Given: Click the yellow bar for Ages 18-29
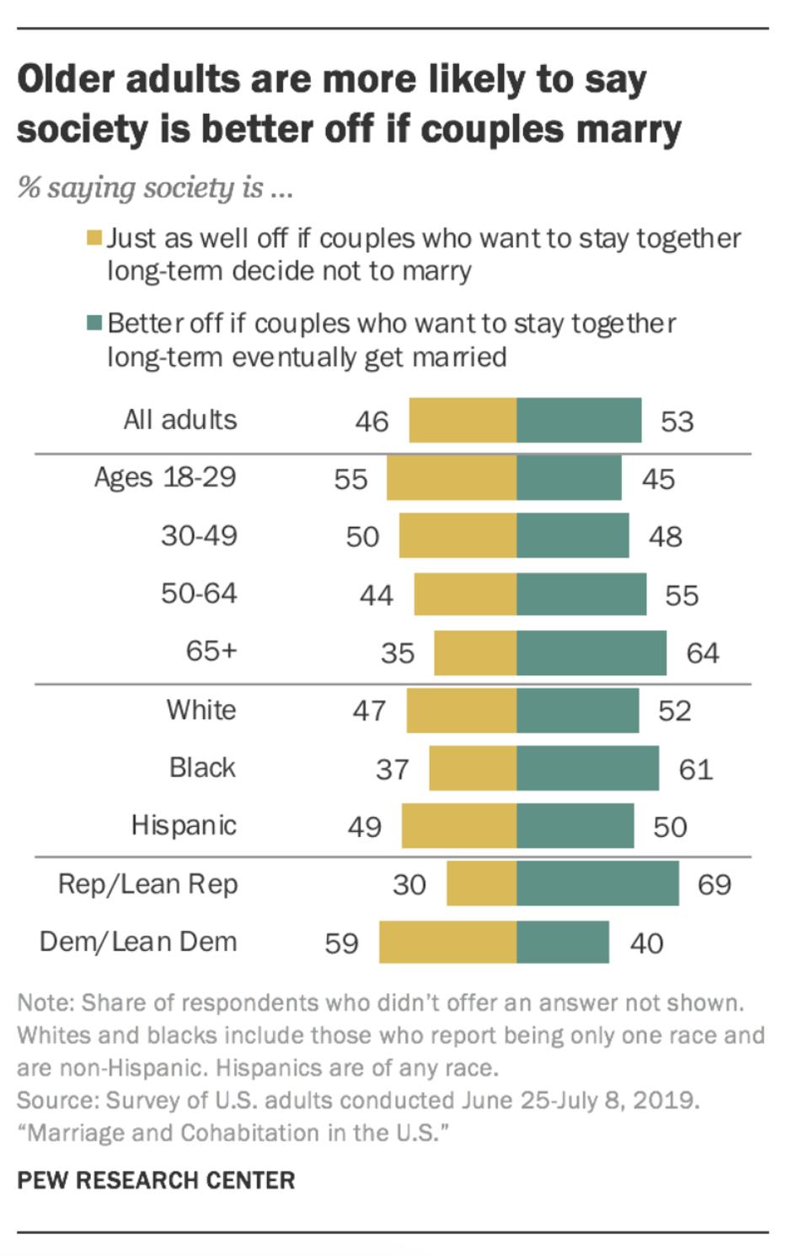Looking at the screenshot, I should (x=452, y=478).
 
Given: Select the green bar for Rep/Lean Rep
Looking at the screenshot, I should (x=597, y=883).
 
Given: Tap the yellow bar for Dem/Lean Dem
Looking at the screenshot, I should (x=447, y=942).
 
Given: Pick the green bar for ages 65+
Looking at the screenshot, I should (x=591, y=652).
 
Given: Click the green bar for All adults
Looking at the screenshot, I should (x=579, y=420).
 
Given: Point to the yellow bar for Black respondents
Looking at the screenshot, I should (x=473, y=768).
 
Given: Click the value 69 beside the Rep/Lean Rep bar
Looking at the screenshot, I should (x=714, y=884).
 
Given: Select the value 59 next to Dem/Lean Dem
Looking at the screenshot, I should (x=341, y=942).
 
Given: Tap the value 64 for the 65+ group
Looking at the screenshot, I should (x=702, y=653).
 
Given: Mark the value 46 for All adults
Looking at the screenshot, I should (x=372, y=421).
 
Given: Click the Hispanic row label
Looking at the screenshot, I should (x=184, y=825).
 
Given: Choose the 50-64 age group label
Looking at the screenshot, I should (x=199, y=593).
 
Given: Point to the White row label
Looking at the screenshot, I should (x=201, y=710).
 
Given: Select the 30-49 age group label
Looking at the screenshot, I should (x=199, y=536).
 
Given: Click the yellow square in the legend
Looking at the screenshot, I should (x=94, y=239).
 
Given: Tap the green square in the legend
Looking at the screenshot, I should (x=94, y=324).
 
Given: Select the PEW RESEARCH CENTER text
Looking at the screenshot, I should (x=156, y=1180).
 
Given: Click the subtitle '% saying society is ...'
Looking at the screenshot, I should (x=155, y=187).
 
